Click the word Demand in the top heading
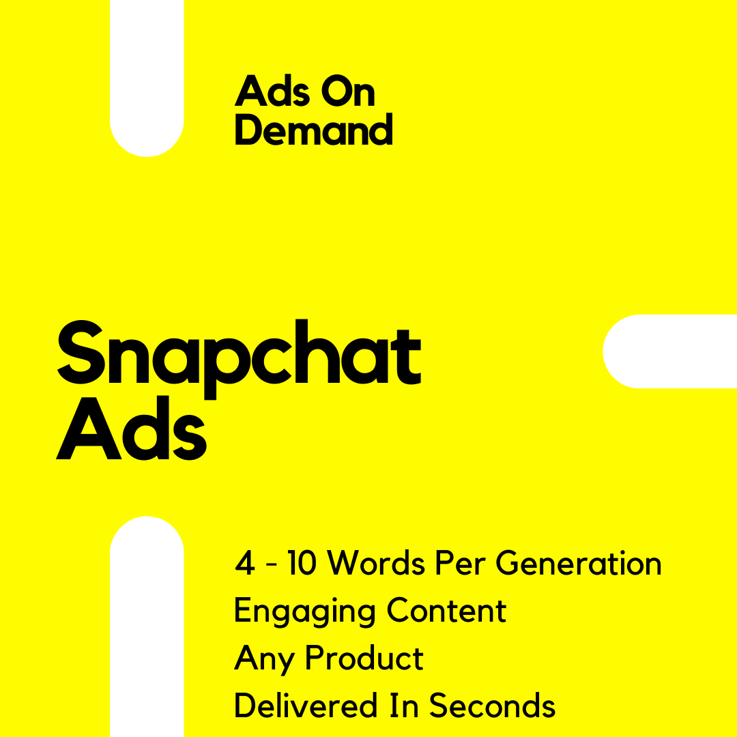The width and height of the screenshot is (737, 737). pyautogui.click(x=313, y=129)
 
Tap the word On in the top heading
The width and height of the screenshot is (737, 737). pyautogui.click(x=348, y=91)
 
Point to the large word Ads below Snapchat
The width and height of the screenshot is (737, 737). pyautogui.click(x=131, y=428)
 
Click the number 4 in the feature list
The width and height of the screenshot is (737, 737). pyautogui.click(x=244, y=562)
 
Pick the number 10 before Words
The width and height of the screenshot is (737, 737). pyautogui.click(x=302, y=562)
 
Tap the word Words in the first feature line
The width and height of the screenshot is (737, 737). pyautogui.click(x=376, y=562)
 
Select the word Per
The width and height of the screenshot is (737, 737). pyautogui.click(x=460, y=562)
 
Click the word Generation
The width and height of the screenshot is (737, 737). pyautogui.click(x=579, y=562)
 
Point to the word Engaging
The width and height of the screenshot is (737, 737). pyautogui.click(x=304, y=611)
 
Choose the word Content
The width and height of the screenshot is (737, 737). pyautogui.click(x=446, y=610)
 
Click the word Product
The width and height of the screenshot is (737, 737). pyautogui.click(x=364, y=657)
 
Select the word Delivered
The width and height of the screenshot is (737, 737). pyautogui.click(x=306, y=704)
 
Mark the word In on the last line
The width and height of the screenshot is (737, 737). pyautogui.click(x=404, y=705)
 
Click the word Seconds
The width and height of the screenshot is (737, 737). pyautogui.click(x=492, y=704)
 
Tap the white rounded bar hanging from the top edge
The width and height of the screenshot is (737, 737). pyautogui.click(x=147, y=78)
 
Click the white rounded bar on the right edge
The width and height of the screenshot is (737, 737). pyautogui.click(x=670, y=351)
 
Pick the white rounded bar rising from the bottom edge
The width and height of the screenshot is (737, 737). pyautogui.click(x=147, y=626)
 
